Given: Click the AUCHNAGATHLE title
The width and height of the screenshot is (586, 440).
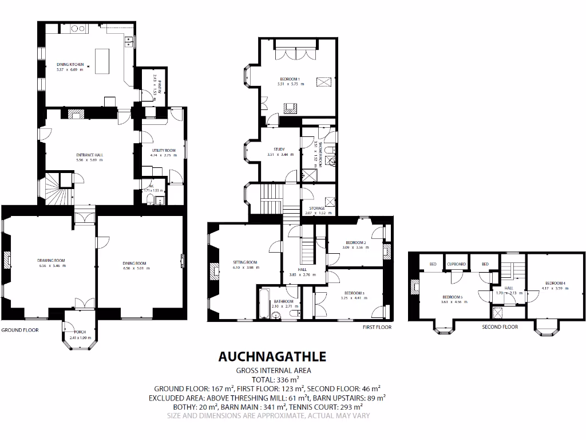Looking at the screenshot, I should pyautogui.click(x=272, y=356).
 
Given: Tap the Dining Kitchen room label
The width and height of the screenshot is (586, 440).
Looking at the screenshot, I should pyautogui.click(x=70, y=65).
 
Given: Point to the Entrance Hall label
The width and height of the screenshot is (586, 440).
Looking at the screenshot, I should pyautogui.click(x=90, y=155).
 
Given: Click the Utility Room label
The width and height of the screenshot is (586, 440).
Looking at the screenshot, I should pyautogui.click(x=159, y=150).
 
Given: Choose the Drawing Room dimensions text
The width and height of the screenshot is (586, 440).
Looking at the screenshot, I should pyautogui.click(x=52, y=266).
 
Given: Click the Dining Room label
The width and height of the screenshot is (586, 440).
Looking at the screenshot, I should pyautogui.click(x=134, y=264).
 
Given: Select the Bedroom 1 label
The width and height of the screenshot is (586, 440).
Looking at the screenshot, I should pyautogui.click(x=290, y=79).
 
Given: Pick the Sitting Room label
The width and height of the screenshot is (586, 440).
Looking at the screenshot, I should pyautogui.click(x=245, y=262).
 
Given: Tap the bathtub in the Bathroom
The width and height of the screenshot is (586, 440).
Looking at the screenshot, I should pyautogui.click(x=263, y=303).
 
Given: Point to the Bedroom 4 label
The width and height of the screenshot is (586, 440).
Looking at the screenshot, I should pyautogui.click(x=555, y=283).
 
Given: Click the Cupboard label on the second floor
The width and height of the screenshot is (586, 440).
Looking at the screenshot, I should pyautogui.click(x=457, y=264).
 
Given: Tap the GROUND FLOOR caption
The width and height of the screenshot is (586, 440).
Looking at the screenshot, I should pyautogui.click(x=20, y=331).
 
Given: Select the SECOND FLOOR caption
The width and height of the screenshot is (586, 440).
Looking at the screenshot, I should pyautogui.click(x=500, y=327).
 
